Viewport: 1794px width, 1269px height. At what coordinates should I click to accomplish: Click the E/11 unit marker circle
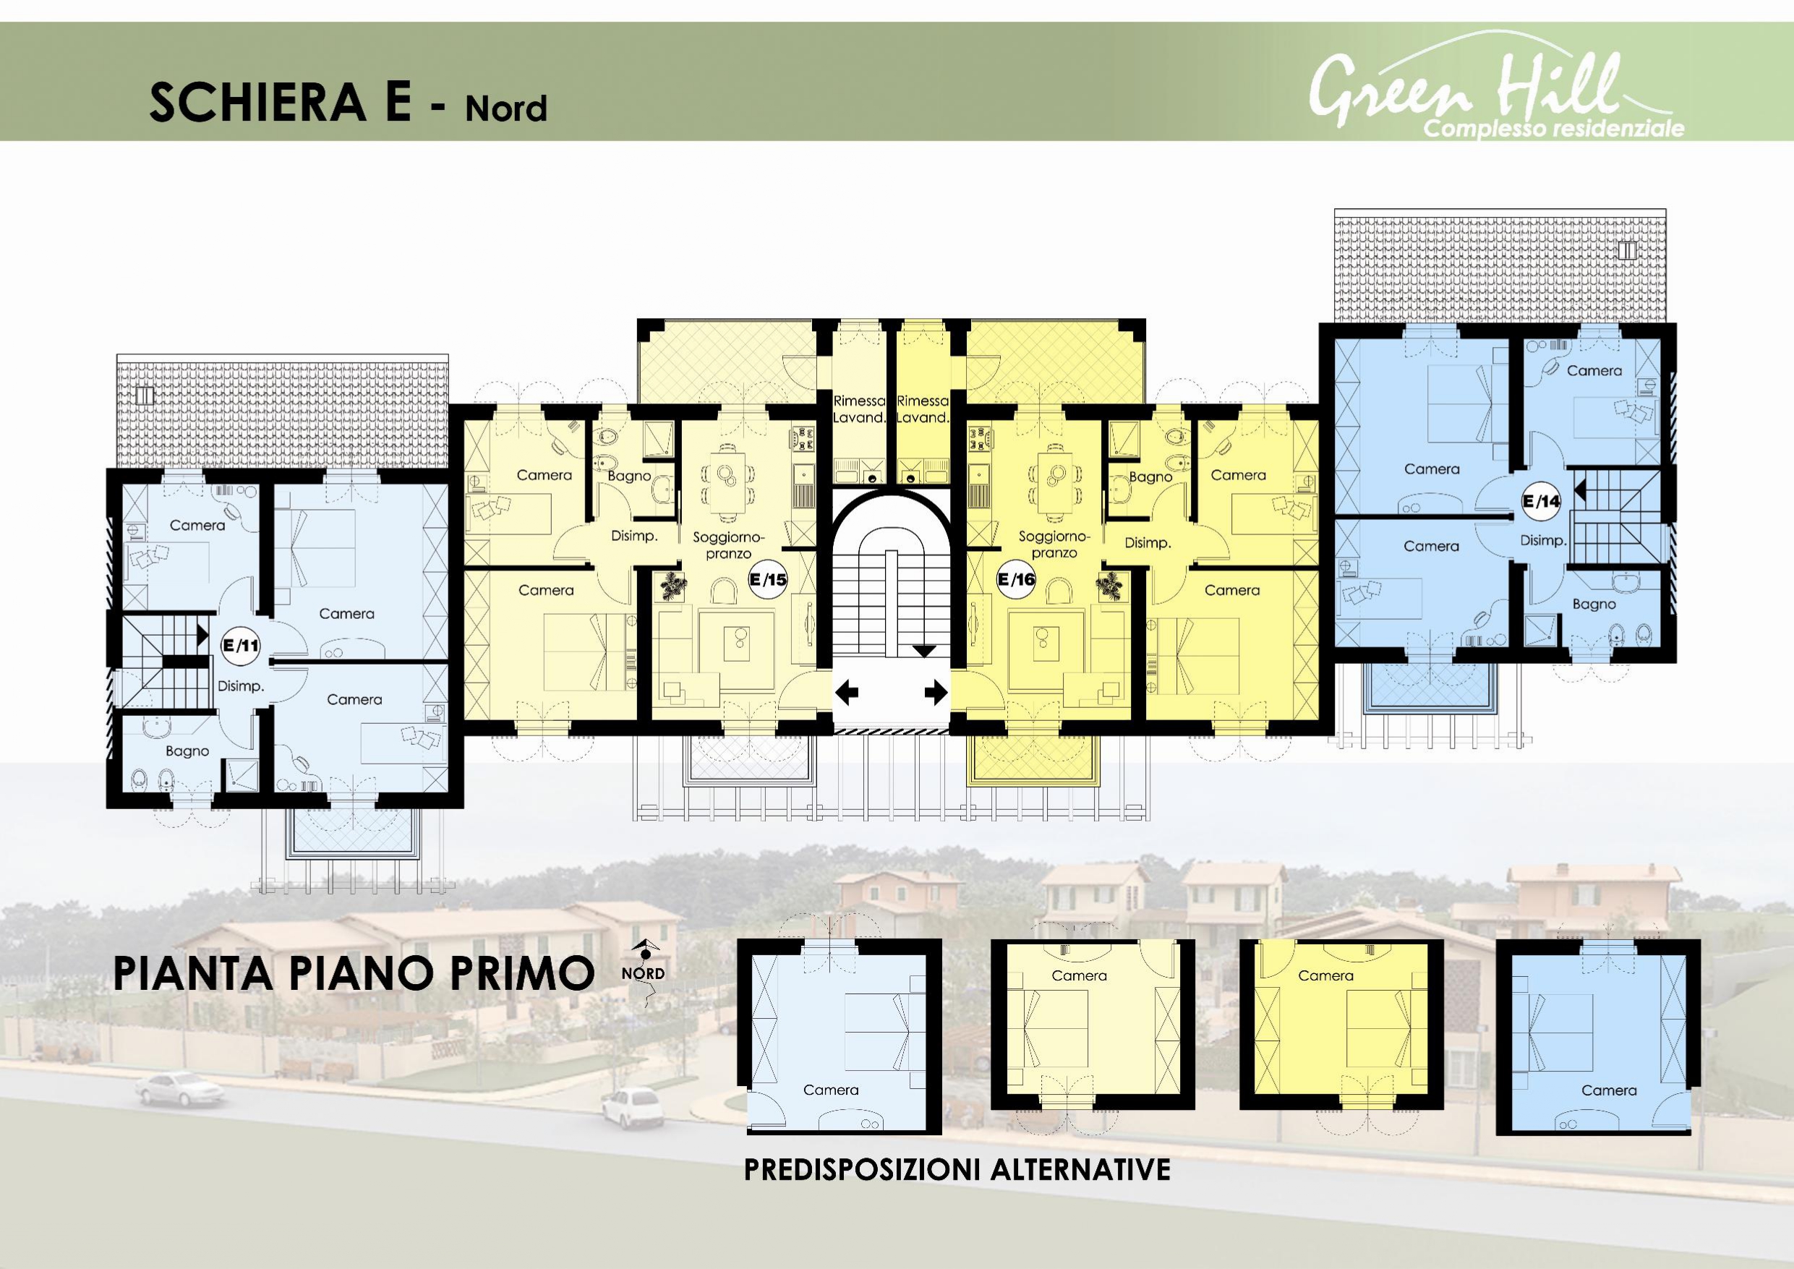(241, 646)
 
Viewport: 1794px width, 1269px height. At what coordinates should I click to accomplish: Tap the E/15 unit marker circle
(768, 580)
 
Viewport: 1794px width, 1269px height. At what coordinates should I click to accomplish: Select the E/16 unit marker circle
(1017, 580)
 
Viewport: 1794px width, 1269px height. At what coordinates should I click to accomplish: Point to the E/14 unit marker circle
(1542, 502)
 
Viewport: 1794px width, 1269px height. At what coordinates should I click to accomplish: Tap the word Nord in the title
(506, 108)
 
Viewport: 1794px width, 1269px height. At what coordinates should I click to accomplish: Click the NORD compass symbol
(644, 972)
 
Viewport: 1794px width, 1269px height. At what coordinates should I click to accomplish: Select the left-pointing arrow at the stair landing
(847, 691)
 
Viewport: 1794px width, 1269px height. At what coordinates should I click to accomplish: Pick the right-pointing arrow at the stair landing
(936, 691)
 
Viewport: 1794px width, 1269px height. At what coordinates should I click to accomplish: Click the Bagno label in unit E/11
(187, 751)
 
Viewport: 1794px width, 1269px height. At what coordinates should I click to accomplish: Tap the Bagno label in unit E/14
(1594, 604)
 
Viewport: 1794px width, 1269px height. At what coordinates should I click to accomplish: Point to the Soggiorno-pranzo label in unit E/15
(727, 545)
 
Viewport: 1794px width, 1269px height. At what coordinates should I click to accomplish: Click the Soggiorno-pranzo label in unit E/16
(1054, 544)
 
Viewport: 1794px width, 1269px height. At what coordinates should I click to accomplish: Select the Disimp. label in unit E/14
(1543, 541)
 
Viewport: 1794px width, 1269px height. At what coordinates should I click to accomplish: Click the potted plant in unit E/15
(672, 585)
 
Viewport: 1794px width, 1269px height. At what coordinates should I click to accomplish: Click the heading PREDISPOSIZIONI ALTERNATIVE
(957, 1170)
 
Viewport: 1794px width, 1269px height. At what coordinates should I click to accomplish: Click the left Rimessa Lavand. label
(860, 409)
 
